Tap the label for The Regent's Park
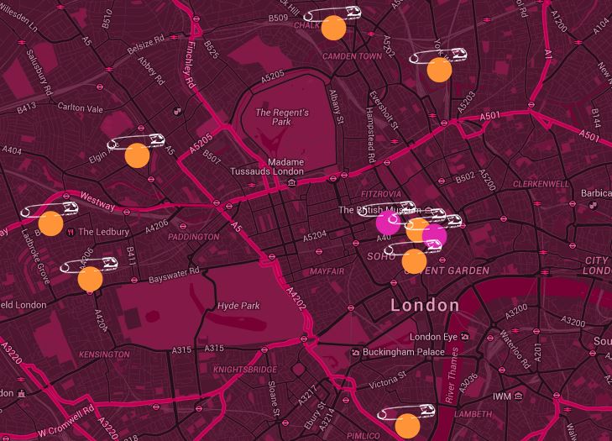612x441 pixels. pos(281,118)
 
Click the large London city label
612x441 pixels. pos(425,305)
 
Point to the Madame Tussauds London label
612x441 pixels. pos(268,166)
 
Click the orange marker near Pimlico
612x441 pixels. pos(407,425)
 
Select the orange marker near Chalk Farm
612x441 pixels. pos(333,28)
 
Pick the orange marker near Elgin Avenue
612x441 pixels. pos(137,155)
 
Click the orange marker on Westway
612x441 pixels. pos(50,223)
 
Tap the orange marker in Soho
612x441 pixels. pos(414,261)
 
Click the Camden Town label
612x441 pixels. pos(352,55)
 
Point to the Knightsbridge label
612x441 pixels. pos(244,370)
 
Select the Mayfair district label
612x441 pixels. pos(328,272)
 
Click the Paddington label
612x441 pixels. pos(193,237)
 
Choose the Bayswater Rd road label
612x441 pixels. pos(174,271)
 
